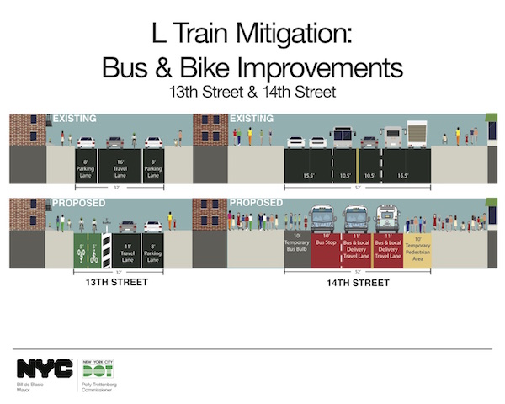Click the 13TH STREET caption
(x=119, y=283)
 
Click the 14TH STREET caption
(x=358, y=283)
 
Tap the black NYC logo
(x=44, y=368)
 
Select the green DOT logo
(x=98, y=369)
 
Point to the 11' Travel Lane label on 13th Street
(x=128, y=250)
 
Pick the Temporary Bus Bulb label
(x=297, y=249)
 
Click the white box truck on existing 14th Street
(x=418, y=135)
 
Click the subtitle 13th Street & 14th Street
(x=252, y=89)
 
